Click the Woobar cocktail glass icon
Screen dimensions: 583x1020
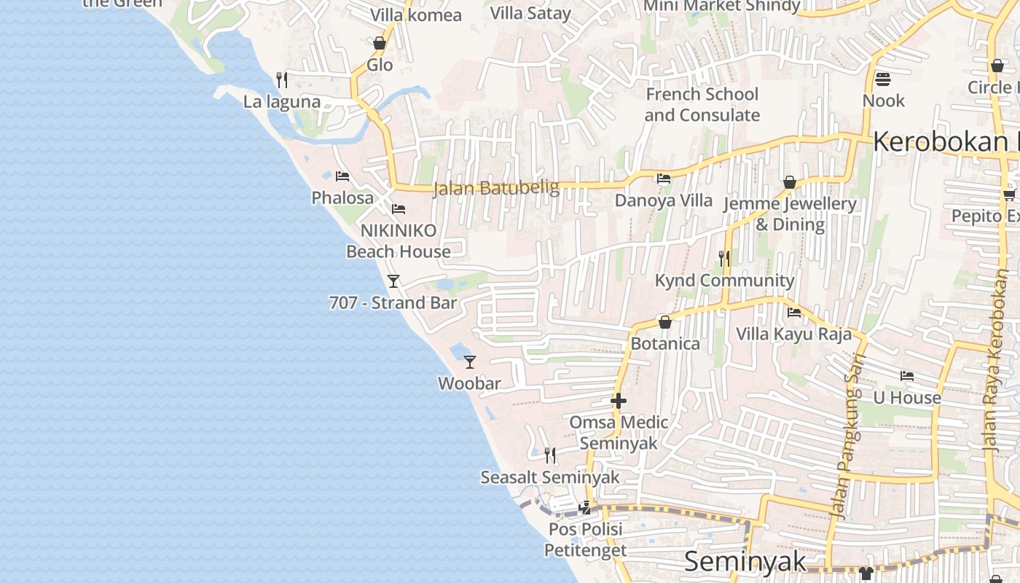(470, 361)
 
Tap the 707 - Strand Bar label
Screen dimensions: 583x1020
(393, 303)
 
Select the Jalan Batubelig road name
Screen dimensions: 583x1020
(496, 188)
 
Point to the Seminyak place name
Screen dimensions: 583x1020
(745, 562)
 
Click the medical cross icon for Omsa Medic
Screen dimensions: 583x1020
(619, 401)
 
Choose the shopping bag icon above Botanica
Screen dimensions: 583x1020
(664, 322)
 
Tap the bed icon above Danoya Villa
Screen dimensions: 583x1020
(663, 178)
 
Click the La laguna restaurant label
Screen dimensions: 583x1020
(282, 102)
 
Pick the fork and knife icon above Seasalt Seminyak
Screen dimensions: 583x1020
(550, 455)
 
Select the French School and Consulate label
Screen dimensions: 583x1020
(702, 105)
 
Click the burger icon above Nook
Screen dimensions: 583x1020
(883, 79)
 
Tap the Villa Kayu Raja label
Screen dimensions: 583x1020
(793, 334)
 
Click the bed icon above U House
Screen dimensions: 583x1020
(906, 376)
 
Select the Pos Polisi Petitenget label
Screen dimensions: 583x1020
(585, 539)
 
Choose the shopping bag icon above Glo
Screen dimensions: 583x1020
(380, 44)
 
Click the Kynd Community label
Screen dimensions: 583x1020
(724, 281)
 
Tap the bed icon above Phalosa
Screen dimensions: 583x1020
(342, 176)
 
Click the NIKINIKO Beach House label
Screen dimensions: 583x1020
(399, 241)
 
